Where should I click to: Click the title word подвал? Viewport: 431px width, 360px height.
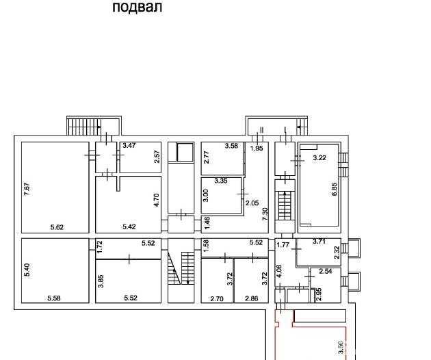pos(137,8)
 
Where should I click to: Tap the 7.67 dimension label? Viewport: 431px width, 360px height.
pos(27,189)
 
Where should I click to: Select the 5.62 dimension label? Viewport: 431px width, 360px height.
pos(57,227)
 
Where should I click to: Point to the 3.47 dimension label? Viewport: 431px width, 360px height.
pos(129,145)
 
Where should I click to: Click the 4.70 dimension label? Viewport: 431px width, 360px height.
pos(157,201)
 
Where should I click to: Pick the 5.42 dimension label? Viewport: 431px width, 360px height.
pos(129,227)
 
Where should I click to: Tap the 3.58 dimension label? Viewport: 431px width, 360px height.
pos(231,146)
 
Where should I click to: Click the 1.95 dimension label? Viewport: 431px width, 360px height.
pos(257,149)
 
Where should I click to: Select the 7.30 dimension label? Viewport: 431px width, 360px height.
pos(265,214)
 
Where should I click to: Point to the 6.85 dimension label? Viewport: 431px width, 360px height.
pos(335,189)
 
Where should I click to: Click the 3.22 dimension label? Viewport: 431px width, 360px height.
pos(319,158)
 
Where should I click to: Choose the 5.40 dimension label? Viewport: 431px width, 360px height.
pos(27,270)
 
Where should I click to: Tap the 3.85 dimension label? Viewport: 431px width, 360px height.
pos(101,281)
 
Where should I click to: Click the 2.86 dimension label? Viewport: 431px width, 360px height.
pos(252,298)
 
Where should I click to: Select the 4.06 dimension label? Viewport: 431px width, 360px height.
pos(279,271)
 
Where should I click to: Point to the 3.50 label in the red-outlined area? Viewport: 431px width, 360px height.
pos(341,348)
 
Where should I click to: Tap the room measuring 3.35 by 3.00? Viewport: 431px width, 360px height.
pos(222,195)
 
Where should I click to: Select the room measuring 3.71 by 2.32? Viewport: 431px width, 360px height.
pos(319,252)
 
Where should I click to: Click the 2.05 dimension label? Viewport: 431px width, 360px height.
pos(252,203)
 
